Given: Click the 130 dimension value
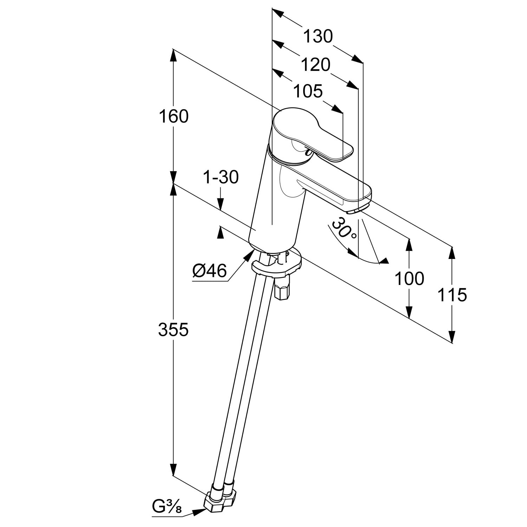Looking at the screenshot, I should point(318,37).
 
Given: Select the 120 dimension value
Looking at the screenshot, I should point(315,65).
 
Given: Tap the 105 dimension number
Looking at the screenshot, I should point(308,91).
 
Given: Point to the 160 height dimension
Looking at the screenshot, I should point(174,116).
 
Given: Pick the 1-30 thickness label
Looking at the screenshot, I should point(221,177).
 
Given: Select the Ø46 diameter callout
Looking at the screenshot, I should point(210,271).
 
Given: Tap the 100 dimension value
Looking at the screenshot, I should point(409,279).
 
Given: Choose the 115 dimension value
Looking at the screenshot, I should point(452,295).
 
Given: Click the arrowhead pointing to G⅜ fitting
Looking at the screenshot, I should point(201,512).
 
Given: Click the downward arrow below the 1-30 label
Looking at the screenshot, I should point(220,204).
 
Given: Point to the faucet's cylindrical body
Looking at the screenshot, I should point(278,204).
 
